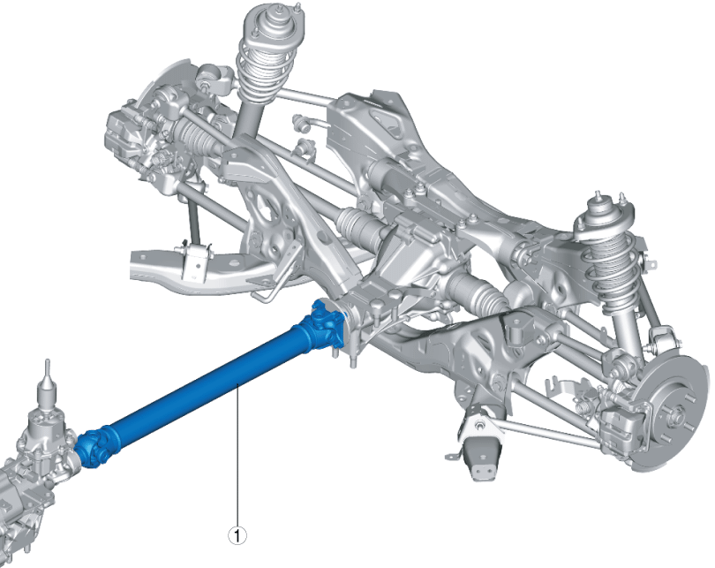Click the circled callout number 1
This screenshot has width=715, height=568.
[x=237, y=534]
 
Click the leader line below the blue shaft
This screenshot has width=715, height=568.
[x=237, y=459]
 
